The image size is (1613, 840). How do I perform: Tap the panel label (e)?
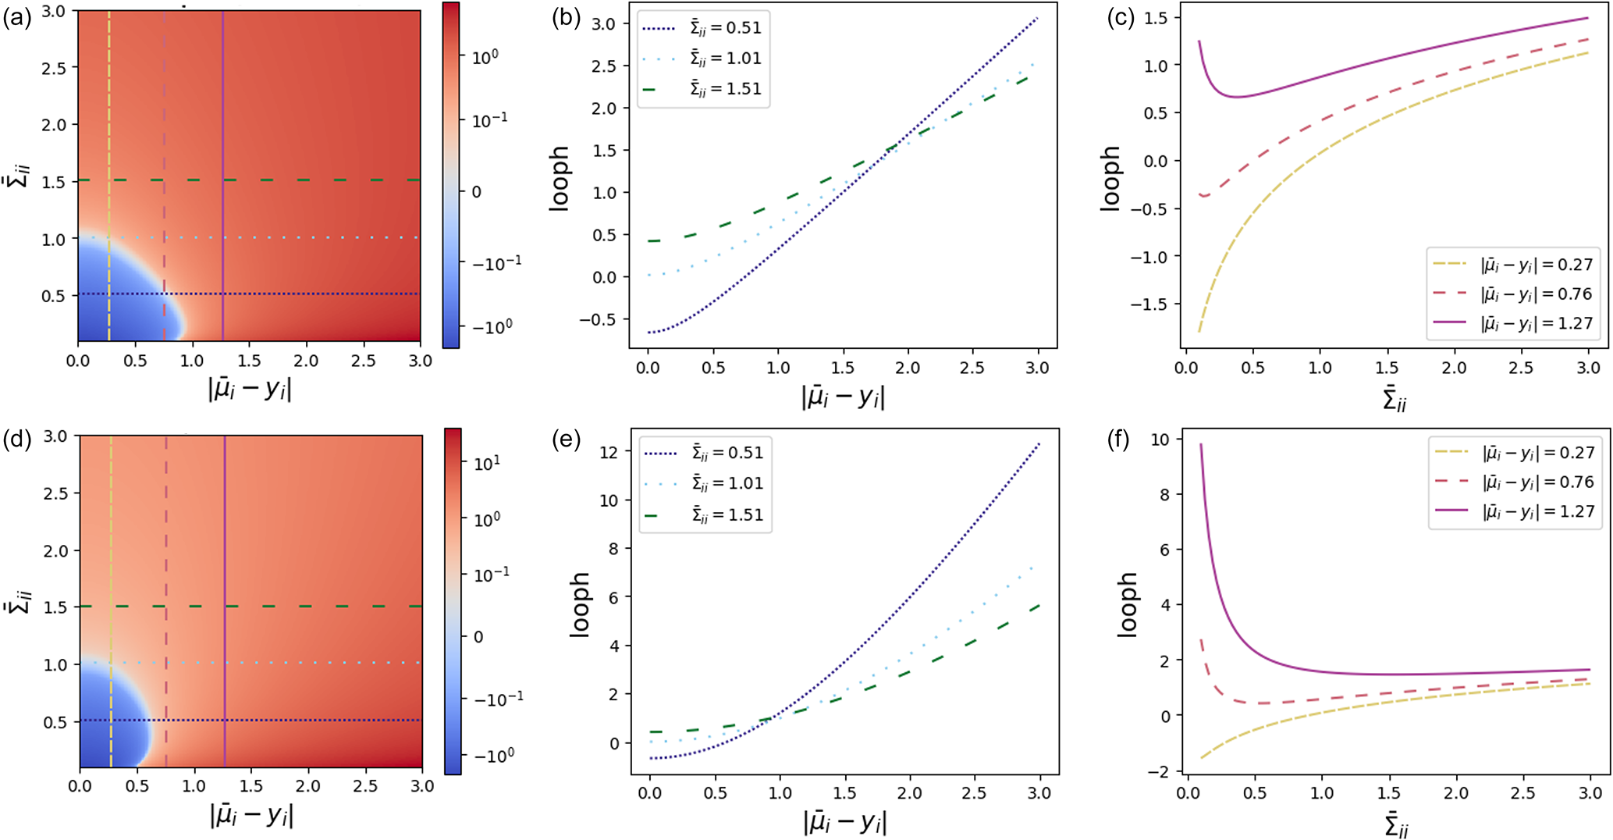[567, 441]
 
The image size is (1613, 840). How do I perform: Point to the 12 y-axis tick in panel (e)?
[609, 452]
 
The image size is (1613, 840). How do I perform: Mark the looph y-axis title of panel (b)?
[560, 178]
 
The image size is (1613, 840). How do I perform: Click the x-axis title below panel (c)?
[1394, 400]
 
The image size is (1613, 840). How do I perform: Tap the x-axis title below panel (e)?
[844, 822]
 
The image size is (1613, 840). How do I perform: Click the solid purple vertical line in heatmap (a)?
[223, 156]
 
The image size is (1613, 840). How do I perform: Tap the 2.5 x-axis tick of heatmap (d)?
[365, 787]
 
